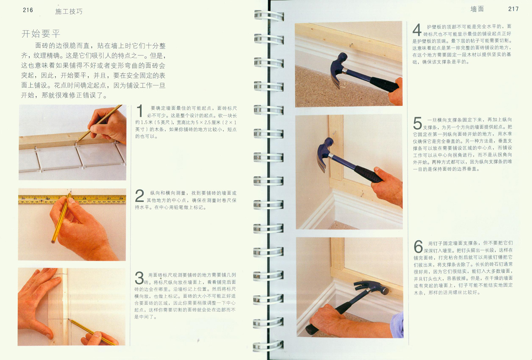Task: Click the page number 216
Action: pos(28,10)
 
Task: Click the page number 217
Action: pos(513,9)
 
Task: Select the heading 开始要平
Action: pos(41,34)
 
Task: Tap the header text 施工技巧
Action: pos(69,11)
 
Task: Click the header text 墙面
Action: pos(477,9)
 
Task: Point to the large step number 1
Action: pos(140,112)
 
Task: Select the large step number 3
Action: pos(139,278)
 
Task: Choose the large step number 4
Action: pos(417,30)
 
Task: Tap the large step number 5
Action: pos(417,123)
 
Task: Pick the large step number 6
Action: pos(418,247)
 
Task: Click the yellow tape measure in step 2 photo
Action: pos(72,199)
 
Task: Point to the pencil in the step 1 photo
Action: pos(99,123)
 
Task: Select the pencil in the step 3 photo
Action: pos(92,331)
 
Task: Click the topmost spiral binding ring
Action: pos(269,16)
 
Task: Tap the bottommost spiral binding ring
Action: pos(268,346)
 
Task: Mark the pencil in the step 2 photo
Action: pos(61,217)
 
